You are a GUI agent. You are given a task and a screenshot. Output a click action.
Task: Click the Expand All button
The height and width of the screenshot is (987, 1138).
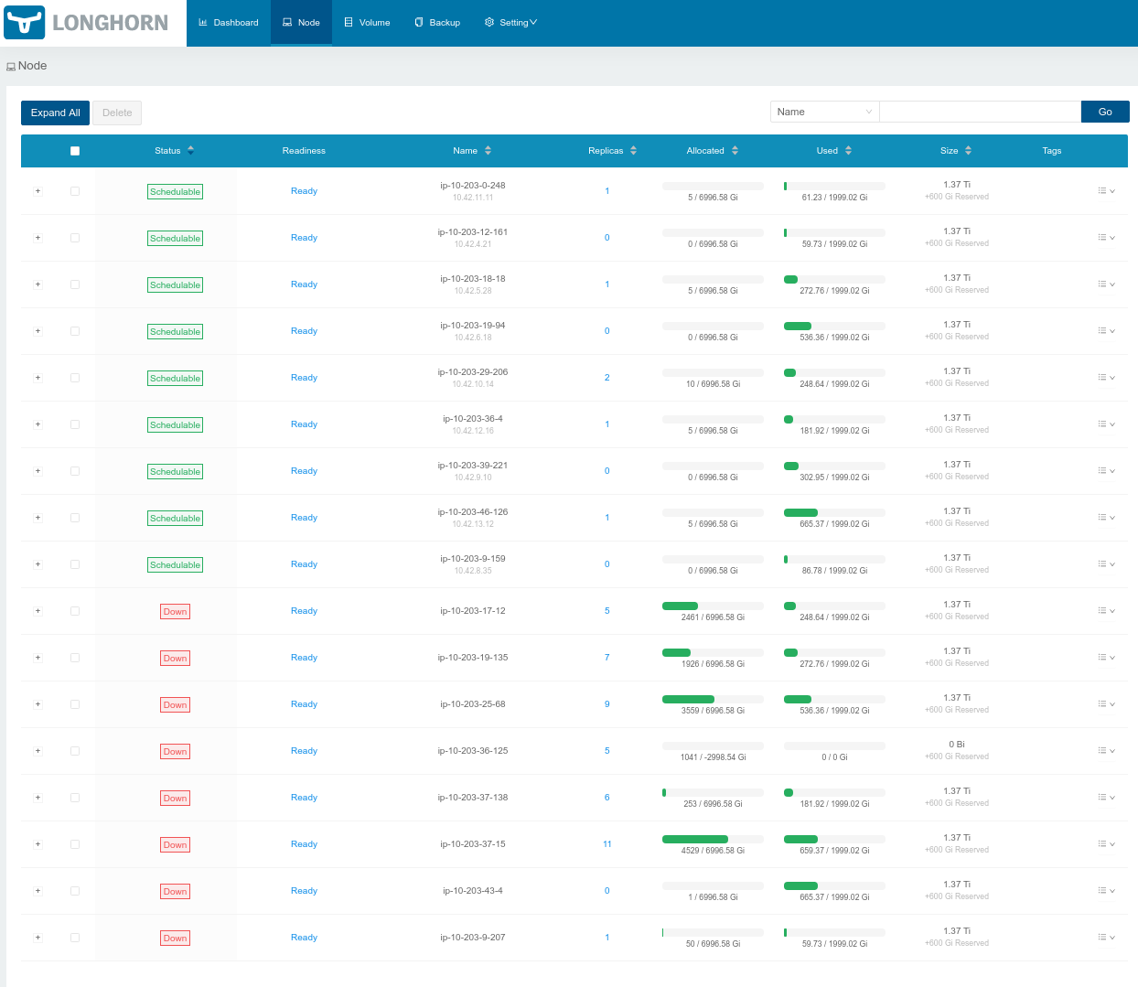(55, 113)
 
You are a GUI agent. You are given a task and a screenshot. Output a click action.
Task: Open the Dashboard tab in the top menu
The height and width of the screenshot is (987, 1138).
(229, 23)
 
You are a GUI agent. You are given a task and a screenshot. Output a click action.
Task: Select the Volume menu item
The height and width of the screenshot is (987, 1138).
(367, 23)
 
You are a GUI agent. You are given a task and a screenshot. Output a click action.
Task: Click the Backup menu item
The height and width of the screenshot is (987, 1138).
(437, 23)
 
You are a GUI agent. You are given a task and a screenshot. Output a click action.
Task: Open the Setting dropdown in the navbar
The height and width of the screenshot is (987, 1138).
(510, 23)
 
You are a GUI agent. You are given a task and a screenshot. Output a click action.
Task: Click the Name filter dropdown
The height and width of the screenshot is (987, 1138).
(824, 112)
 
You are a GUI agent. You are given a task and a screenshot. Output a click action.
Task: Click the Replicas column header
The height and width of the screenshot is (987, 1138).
(606, 151)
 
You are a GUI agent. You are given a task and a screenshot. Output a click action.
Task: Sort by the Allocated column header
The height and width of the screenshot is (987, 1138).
(705, 151)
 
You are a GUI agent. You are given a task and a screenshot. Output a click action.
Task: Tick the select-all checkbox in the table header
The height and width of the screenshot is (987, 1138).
(75, 151)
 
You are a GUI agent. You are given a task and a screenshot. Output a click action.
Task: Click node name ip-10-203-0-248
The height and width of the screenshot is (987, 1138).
(472, 186)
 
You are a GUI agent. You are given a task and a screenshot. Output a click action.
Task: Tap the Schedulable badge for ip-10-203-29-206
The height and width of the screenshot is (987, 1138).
(175, 379)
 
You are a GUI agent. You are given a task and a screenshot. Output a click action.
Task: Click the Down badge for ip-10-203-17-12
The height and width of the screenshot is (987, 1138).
(175, 612)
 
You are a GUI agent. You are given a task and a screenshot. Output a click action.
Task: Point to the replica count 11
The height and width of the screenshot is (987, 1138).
(607, 844)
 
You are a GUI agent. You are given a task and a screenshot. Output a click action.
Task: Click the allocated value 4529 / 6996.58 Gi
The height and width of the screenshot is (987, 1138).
(713, 851)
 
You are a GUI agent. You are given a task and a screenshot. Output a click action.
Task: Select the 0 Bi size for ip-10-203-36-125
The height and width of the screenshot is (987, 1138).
(956, 745)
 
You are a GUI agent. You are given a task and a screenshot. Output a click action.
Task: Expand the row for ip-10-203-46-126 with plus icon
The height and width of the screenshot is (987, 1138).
(38, 518)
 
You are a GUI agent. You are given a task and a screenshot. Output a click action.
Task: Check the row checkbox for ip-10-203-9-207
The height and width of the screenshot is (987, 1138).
(75, 938)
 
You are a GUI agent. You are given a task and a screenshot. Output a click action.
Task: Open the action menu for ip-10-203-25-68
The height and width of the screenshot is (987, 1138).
(1106, 704)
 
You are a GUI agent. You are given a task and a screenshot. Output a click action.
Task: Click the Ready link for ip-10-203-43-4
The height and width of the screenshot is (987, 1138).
(304, 891)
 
